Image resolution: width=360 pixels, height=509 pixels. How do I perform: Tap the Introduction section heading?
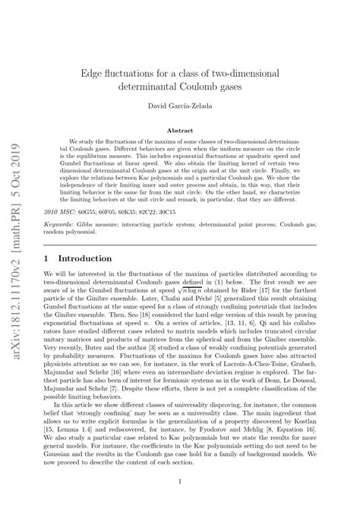pos(87,258)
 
